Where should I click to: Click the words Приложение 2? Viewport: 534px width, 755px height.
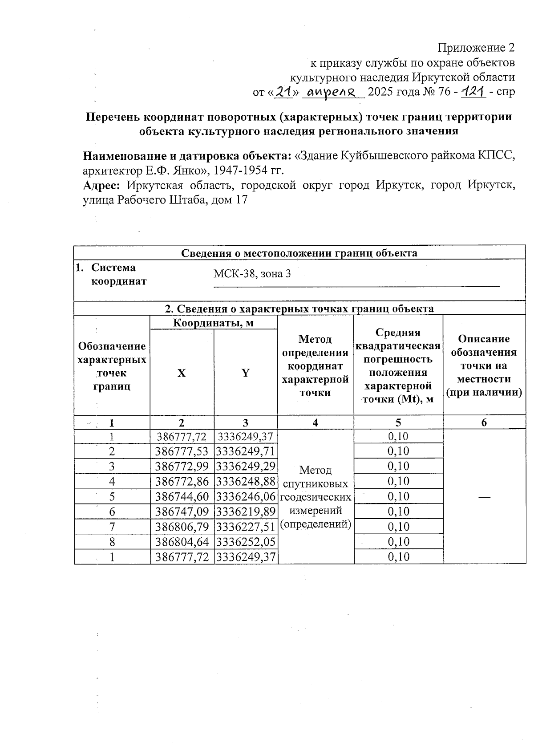tap(476, 48)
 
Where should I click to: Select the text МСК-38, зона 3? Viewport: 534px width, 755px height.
tap(252, 274)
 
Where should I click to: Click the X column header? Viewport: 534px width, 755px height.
tap(182, 373)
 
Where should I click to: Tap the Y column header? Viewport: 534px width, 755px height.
tap(246, 373)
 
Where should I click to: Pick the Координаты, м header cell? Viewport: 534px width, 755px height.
tap(213, 323)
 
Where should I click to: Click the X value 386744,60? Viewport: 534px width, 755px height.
tap(182, 496)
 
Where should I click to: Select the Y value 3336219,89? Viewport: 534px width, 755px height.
tap(246, 511)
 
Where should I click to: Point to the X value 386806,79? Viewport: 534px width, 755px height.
tap(182, 527)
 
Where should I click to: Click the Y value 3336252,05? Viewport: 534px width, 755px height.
tap(246, 542)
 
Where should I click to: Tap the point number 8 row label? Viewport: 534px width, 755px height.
tap(112, 542)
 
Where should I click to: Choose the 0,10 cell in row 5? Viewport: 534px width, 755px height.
tap(398, 496)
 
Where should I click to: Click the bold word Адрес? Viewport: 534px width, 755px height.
tap(102, 185)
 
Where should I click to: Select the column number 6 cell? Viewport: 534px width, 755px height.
tap(484, 423)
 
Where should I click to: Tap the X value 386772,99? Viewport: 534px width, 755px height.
tap(182, 466)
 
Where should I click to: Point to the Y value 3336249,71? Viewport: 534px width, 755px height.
tap(246, 451)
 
